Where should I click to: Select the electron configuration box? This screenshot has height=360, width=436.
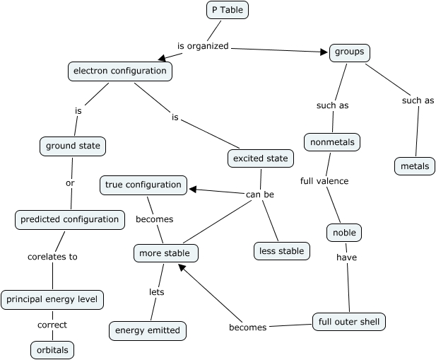120,71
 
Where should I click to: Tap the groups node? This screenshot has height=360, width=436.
350,52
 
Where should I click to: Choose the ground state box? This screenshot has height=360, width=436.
71,146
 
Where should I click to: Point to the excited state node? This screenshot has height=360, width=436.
261,158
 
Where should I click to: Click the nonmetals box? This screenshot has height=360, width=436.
332,142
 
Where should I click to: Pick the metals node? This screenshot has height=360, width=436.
415,166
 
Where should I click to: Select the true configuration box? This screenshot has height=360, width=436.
143,185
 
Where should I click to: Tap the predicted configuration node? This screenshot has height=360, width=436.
70,219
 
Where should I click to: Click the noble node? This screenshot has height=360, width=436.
345,233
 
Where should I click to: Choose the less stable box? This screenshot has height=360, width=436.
282,250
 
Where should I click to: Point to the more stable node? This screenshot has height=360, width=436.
166,252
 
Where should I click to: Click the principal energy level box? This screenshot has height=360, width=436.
53,300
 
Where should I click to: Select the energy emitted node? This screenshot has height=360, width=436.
148,330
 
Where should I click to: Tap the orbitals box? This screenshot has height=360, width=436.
52,349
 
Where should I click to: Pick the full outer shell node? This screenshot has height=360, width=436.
349,322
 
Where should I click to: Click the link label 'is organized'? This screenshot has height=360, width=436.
203,46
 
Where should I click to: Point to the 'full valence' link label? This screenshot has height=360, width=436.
324,181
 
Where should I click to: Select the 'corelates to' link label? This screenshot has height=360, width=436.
52,257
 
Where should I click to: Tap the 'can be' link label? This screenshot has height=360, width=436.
260,194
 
